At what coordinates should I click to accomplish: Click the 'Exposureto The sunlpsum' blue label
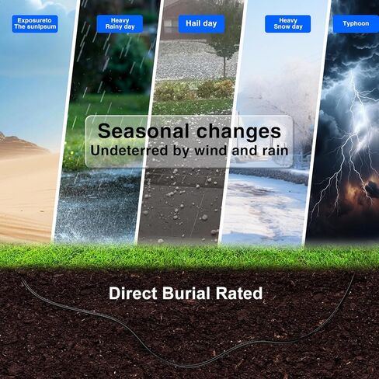[35, 24]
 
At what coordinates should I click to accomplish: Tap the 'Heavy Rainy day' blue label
[120, 24]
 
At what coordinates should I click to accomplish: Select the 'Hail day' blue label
[201, 24]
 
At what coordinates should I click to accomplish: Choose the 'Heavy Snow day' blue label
[287, 24]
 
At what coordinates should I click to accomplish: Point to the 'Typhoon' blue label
[356, 24]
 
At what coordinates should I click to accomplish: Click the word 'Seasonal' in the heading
[144, 131]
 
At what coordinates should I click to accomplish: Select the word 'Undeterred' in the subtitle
[129, 151]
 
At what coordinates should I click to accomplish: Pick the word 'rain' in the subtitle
[275, 151]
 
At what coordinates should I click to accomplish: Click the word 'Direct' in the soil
[133, 294]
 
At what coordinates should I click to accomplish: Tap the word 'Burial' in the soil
[186, 294]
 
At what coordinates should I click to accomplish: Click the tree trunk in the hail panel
[224, 67]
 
